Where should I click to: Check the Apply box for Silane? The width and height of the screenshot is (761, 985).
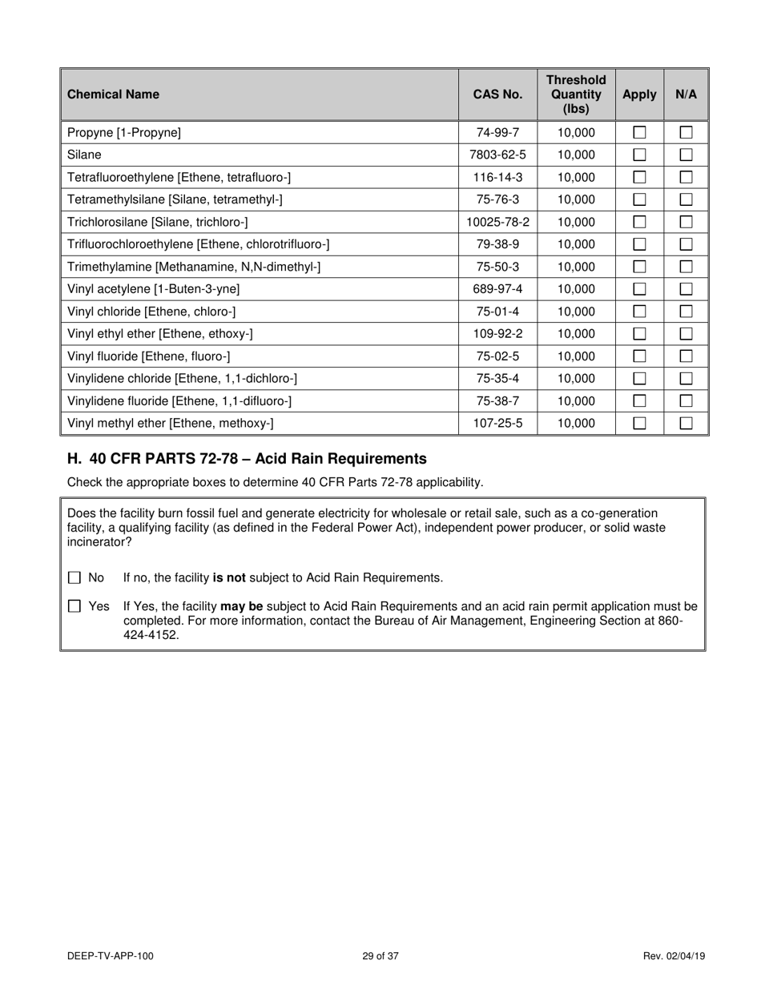(639, 155)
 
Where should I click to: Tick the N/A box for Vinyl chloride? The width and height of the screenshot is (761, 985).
(687, 312)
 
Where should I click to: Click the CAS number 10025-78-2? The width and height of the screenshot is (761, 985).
(497, 223)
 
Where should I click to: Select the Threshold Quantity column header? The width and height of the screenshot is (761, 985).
(576, 94)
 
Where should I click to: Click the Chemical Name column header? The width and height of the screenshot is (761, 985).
(113, 94)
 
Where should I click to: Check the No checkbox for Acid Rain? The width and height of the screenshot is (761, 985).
(74, 577)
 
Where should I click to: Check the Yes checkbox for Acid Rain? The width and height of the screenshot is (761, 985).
(74, 606)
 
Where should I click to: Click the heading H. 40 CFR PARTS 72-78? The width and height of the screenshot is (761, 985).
(247, 459)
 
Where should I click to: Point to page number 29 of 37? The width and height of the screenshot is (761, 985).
(380, 955)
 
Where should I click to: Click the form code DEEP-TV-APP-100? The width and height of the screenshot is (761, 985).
(111, 955)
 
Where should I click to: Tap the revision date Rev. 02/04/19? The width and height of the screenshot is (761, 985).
(674, 955)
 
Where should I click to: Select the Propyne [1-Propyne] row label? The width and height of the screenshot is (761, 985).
(124, 133)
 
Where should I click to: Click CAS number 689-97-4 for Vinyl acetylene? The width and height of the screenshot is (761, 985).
(497, 290)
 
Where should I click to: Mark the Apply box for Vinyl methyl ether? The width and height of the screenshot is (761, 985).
(639, 424)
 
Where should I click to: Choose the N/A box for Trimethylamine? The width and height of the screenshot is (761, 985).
(687, 267)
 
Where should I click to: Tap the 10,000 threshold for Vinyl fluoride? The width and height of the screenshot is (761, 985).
(576, 357)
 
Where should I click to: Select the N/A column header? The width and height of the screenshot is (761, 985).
(687, 94)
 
